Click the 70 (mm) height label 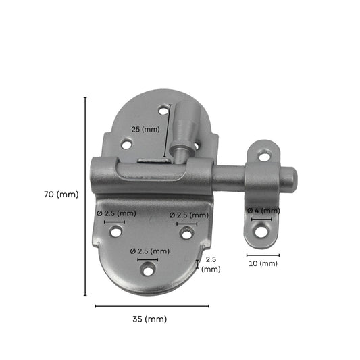61,195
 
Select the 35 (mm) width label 151,319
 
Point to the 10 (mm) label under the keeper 263,263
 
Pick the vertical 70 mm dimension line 85,196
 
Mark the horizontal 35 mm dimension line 152,306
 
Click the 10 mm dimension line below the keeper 263,255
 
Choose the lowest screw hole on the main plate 148,269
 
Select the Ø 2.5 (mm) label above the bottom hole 148,251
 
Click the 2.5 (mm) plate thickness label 211,264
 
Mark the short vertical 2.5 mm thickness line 198,264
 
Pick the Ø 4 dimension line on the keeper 260,219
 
